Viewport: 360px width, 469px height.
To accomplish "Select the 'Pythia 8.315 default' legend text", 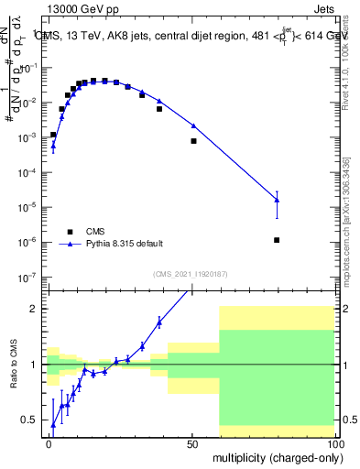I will [125, 244].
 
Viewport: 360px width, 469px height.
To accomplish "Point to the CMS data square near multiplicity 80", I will [277, 240].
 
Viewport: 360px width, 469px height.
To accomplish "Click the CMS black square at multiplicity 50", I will [193, 141].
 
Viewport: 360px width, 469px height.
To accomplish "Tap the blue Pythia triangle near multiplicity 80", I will [277, 200].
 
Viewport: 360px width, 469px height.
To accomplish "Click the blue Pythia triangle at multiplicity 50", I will [193, 125].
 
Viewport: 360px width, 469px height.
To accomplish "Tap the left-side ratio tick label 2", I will [35, 309].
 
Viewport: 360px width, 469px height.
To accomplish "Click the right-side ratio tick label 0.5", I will [349, 420].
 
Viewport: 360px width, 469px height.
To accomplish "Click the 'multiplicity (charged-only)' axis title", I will [274, 457].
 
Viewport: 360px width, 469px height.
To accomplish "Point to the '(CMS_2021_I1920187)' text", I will [191, 273].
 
